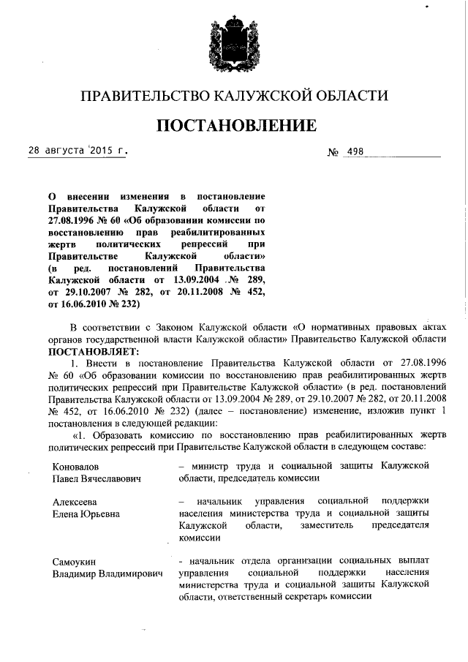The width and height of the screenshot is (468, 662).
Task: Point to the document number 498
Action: [x=355, y=153]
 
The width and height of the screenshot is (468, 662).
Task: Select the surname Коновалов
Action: [x=77, y=466]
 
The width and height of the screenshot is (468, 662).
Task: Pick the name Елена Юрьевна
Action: [x=86, y=514]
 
